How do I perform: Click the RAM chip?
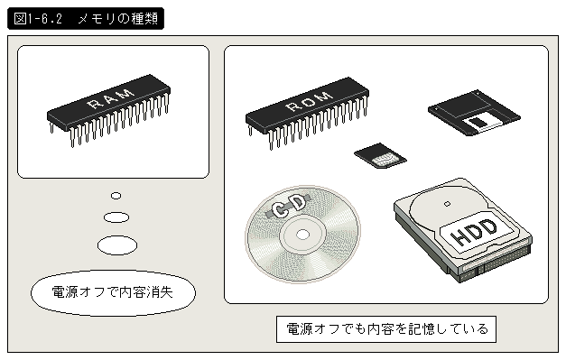pyautogui.click(x=108, y=108)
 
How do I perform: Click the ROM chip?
pyautogui.click(x=307, y=111)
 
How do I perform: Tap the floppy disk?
pyautogui.click(x=474, y=113)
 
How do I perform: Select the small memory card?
pyautogui.click(x=380, y=155)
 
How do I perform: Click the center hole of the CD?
pyautogui.click(x=302, y=235)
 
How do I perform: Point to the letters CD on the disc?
pyautogui.click(x=288, y=206)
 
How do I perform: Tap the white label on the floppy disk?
pyautogui.click(x=483, y=123)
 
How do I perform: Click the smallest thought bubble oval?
pyautogui.click(x=116, y=196)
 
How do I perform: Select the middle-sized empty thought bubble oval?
pyautogui.click(x=116, y=217)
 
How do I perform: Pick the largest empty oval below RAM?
pyautogui.click(x=117, y=245)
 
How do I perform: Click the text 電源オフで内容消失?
pyautogui.click(x=112, y=292)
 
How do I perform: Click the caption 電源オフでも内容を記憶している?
pyautogui.click(x=386, y=329)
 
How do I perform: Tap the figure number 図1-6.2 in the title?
pyautogui.click(x=38, y=18)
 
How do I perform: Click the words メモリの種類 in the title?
pyautogui.click(x=118, y=18)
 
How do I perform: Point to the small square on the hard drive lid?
pyautogui.click(x=447, y=204)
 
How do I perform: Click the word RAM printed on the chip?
pyautogui.click(x=111, y=97)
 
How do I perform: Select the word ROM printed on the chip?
pyautogui.click(x=310, y=100)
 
